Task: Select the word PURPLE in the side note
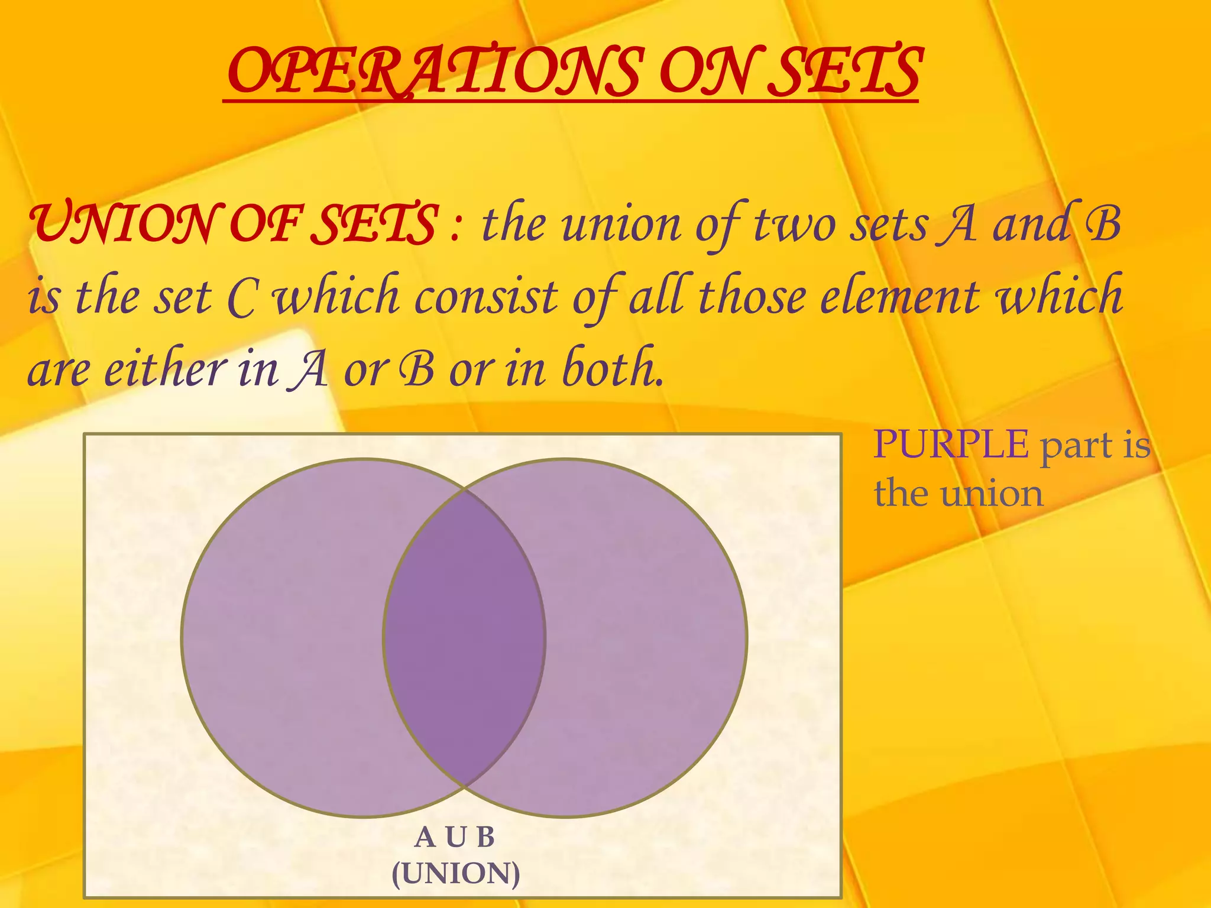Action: tap(951, 444)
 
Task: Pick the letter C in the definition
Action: tap(241, 299)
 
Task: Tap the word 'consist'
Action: tap(485, 297)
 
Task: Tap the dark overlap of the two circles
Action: tap(464, 638)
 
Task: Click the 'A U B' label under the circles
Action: tap(455, 837)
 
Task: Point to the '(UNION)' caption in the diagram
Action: tap(456, 874)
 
